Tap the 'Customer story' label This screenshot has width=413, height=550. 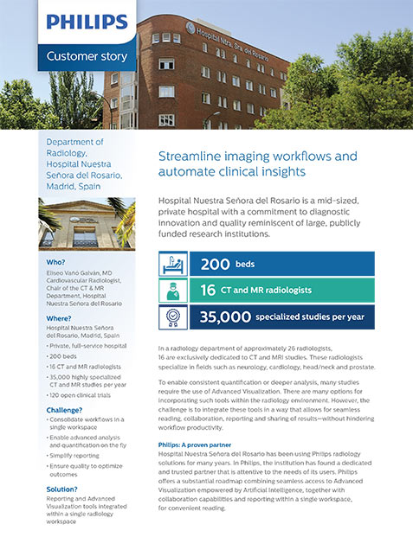(x=86, y=56)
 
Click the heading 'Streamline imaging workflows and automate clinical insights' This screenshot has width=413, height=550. (x=257, y=163)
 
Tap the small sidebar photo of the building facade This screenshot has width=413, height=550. (x=87, y=223)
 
